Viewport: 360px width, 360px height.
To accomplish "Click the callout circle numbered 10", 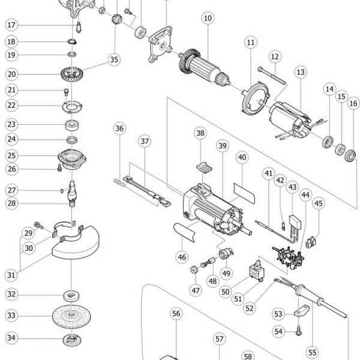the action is point(208,18).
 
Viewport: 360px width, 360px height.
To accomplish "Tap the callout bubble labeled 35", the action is point(114,59).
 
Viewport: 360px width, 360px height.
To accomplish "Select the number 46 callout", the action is point(182,257).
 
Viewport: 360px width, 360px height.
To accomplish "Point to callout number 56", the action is point(176,313).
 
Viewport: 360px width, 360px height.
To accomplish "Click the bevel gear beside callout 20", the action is point(72,73).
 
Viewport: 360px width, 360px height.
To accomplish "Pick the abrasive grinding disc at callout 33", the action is point(71,316).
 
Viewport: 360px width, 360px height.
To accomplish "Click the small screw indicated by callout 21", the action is point(66,92).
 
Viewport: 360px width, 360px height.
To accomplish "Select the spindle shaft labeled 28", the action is point(72,193).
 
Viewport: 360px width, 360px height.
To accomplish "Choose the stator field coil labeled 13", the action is point(290,120).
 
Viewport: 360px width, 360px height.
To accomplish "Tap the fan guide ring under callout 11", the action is point(256,98).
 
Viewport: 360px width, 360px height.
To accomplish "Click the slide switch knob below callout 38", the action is point(205,167).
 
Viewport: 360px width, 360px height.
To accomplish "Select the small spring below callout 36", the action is point(119,182).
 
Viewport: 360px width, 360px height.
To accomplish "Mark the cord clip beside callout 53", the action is point(302,310).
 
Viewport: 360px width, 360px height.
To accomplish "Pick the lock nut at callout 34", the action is point(72,340).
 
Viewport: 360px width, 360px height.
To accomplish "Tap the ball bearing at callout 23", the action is point(73,125).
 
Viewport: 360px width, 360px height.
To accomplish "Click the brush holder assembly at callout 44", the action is point(289,257).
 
